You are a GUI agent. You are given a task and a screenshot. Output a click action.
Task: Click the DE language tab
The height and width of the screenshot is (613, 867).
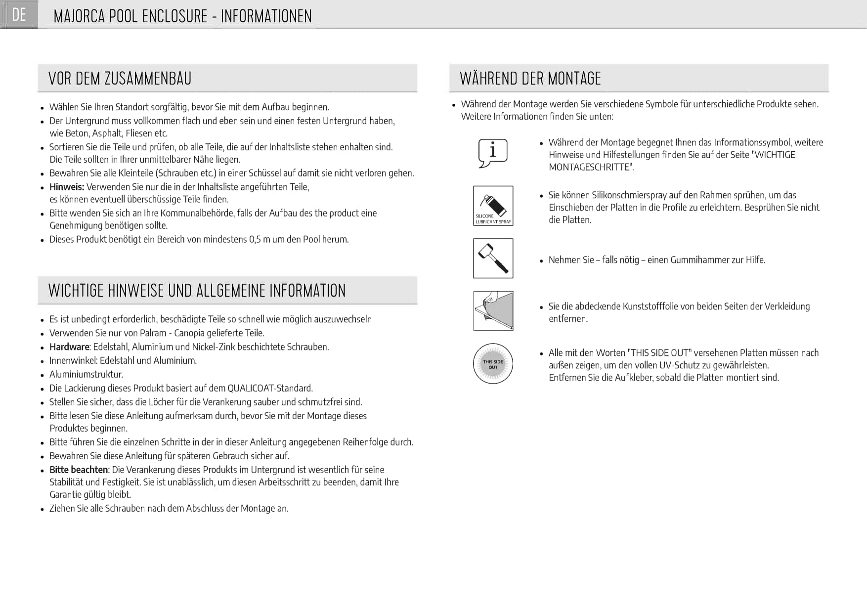pyautogui.click(x=19, y=15)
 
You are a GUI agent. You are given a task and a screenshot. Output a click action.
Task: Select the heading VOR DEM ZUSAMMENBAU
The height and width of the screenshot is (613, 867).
pyautogui.click(x=120, y=79)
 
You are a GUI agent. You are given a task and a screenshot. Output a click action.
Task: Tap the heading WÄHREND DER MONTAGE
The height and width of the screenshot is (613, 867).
pyautogui.click(x=530, y=79)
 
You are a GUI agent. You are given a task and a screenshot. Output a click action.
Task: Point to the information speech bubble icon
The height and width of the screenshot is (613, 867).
pyautogui.click(x=493, y=153)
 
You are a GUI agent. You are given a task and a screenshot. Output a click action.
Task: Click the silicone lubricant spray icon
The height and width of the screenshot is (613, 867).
pyautogui.click(x=493, y=206)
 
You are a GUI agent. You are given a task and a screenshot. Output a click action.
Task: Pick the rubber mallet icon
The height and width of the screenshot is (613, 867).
pyautogui.click(x=493, y=259)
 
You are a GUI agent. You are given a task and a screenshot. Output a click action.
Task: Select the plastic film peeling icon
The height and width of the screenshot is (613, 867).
pyautogui.click(x=493, y=311)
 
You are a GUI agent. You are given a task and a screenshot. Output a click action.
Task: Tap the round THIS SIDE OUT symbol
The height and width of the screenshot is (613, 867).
pyautogui.click(x=493, y=364)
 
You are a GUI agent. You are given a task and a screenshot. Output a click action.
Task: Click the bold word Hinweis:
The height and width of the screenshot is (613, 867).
pyautogui.click(x=67, y=187)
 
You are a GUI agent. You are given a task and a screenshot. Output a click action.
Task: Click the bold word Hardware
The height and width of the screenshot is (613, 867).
pyautogui.click(x=69, y=347)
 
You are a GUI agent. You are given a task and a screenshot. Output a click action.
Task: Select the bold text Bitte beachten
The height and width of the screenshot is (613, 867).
pyautogui.click(x=79, y=470)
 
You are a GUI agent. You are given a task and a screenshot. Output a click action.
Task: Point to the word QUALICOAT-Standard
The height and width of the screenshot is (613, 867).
pyautogui.click(x=270, y=388)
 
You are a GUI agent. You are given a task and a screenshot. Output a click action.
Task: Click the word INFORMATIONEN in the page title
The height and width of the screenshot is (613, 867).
pyautogui.click(x=266, y=16)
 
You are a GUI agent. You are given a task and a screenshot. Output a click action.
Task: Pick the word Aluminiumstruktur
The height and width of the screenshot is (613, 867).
pyautogui.click(x=86, y=374)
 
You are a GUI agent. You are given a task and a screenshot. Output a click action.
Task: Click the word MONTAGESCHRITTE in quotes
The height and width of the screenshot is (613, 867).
pyautogui.click(x=591, y=167)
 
